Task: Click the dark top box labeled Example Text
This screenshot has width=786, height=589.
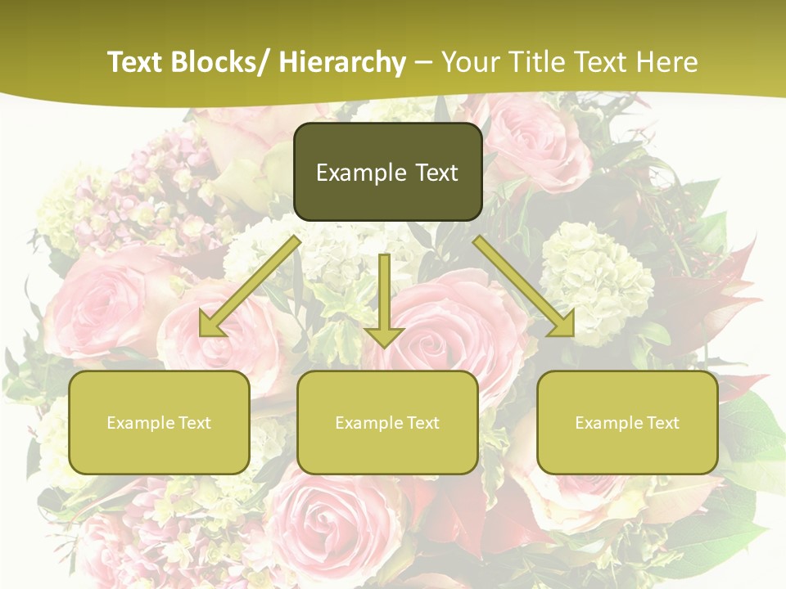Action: (x=387, y=172)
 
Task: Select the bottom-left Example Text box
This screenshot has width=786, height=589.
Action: (x=159, y=422)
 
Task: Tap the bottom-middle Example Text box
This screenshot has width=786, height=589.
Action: (x=387, y=422)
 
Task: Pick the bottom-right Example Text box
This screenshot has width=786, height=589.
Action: (x=627, y=422)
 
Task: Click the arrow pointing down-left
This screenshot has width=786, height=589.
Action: (x=251, y=286)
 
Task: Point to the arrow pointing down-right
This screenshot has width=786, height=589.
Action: (x=524, y=286)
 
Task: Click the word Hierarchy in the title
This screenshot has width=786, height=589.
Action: (x=342, y=62)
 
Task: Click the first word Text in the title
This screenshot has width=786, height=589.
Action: (x=137, y=62)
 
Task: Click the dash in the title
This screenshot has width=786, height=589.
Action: (x=423, y=62)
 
